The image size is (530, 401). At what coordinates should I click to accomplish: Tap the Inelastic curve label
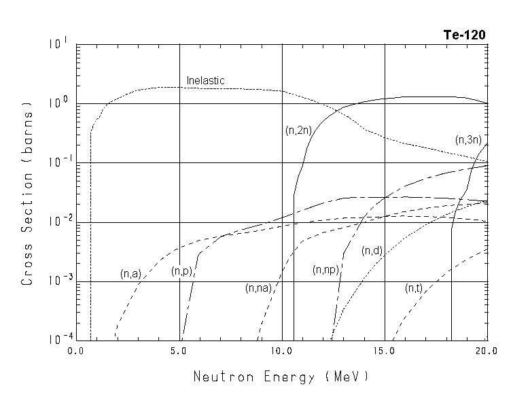coord(205,81)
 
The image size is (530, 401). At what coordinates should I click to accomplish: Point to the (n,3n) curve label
coord(468,140)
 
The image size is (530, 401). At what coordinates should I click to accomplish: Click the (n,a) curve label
coord(130,274)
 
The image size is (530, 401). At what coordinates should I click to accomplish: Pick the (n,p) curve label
coord(181,272)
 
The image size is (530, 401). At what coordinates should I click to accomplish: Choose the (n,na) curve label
coord(259,288)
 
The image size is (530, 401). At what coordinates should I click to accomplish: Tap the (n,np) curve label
coord(326,270)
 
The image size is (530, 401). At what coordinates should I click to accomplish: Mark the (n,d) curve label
coord(373,251)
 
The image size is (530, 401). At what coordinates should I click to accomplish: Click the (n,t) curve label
coord(414,288)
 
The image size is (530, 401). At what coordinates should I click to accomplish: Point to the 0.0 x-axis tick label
coord(76,351)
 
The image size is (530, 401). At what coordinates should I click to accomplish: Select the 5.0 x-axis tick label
coord(179,351)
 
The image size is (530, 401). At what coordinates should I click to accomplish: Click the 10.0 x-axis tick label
coord(281,351)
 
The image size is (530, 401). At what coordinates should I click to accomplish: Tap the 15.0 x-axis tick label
coord(384,351)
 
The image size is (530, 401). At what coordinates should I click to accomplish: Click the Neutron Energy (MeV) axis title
coord(281,376)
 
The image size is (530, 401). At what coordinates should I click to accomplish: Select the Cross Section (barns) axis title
coord(28,193)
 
